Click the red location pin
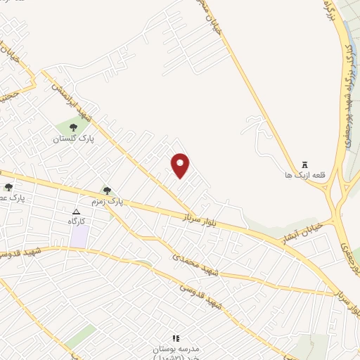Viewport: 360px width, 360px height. pyautogui.click(x=181, y=165)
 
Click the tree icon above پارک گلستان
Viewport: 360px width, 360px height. pyautogui.click(x=74, y=127)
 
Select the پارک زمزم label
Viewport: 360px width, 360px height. pyautogui.click(x=126, y=201)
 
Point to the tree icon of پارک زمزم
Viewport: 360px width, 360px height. pyautogui.click(x=107, y=190)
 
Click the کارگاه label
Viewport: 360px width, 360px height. pyautogui.click(x=77, y=221)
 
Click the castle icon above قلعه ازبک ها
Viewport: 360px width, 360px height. pyautogui.click(x=304, y=162)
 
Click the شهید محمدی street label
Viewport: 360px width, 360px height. pyautogui.click(x=196, y=264)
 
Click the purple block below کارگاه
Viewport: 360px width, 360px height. pyautogui.click(x=79, y=236)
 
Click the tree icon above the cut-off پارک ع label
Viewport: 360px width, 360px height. pyautogui.click(x=8, y=187)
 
